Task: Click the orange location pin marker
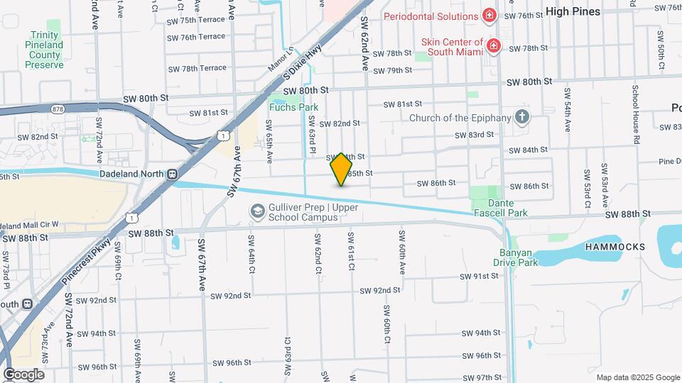[x=342, y=169]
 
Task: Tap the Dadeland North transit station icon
[x=172, y=174]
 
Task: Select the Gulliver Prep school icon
[x=256, y=211]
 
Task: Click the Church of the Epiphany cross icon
[x=522, y=118]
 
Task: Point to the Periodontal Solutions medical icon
[x=489, y=16]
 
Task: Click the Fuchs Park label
[x=293, y=108]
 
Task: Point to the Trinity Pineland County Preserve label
[x=45, y=50]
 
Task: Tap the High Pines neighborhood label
[x=573, y=11]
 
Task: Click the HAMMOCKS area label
[x=615, y=247]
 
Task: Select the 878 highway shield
[x=58, y=109]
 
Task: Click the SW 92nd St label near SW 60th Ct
[x=381, y=291]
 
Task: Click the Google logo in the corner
[x=23, y=374]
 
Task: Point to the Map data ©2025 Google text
[x=637, y=377]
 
